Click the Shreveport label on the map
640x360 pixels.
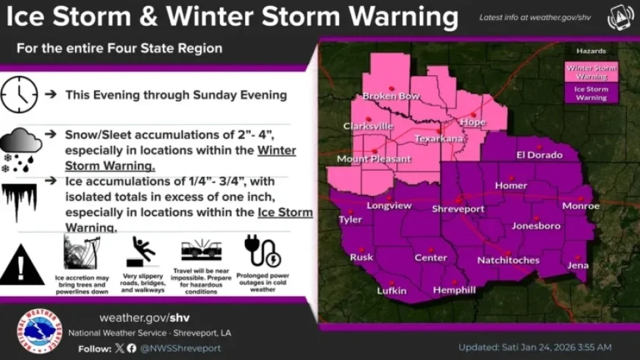[x=458, y=209]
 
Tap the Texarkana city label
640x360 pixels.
[x=438, y=138]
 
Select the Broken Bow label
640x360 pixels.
[x=391, y=96]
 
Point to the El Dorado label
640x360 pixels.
[x=538, y=155]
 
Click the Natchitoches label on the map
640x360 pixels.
[x=508, y=260]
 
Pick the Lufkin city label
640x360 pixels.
[x=391, y=291]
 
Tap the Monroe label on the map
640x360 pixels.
[x=580, y=206]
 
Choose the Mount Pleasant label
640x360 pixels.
[x=374, y=159]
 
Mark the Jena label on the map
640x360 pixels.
[x=577, y=265]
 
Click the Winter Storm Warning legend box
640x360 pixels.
[x=591, y=71]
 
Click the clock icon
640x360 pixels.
[x=18, y=95]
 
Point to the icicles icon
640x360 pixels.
[x=20, y=201]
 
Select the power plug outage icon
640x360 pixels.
[x=262, y=252]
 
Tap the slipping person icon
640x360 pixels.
[x=141, y=252]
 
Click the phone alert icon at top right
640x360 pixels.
[x=620, y=18]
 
